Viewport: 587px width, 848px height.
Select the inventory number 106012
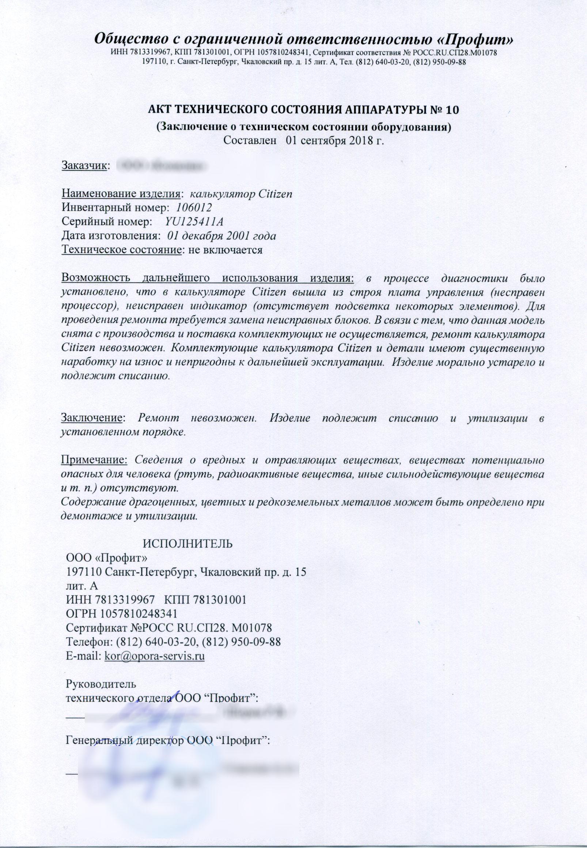pos(194,208)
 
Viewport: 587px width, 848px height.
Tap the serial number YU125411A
pos(194,222)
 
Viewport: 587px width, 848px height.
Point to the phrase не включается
pos(225,250)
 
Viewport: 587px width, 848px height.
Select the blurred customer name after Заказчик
pos(160,166)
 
